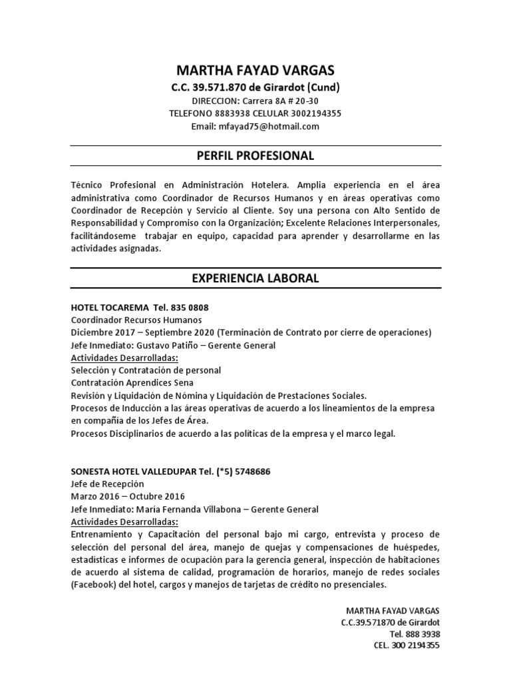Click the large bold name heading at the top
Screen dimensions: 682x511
(x=255, y=70)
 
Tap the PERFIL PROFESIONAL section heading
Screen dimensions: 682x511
(x=255, y=156)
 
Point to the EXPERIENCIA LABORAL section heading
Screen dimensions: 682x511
(x=255, y=278)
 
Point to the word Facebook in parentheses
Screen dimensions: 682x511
(x=94, y=584)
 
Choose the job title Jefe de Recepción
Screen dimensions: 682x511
(x=107, y=484)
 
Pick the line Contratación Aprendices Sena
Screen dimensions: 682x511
(x=132, y=382)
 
